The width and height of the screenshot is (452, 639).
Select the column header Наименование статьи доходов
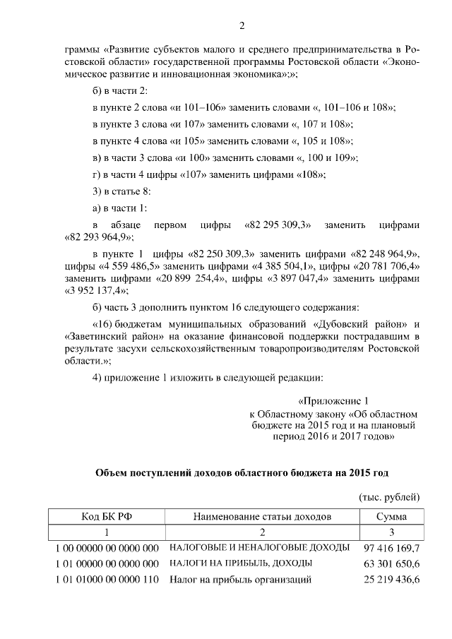tap(261, 517)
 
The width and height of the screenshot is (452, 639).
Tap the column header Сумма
tap(391, 517)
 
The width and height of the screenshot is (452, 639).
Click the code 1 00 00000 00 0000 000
tap(106, 548)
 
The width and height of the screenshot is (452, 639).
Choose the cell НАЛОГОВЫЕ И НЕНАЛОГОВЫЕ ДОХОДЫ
tap(259, 548)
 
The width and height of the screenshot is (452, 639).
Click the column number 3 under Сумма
tap(391, 532)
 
